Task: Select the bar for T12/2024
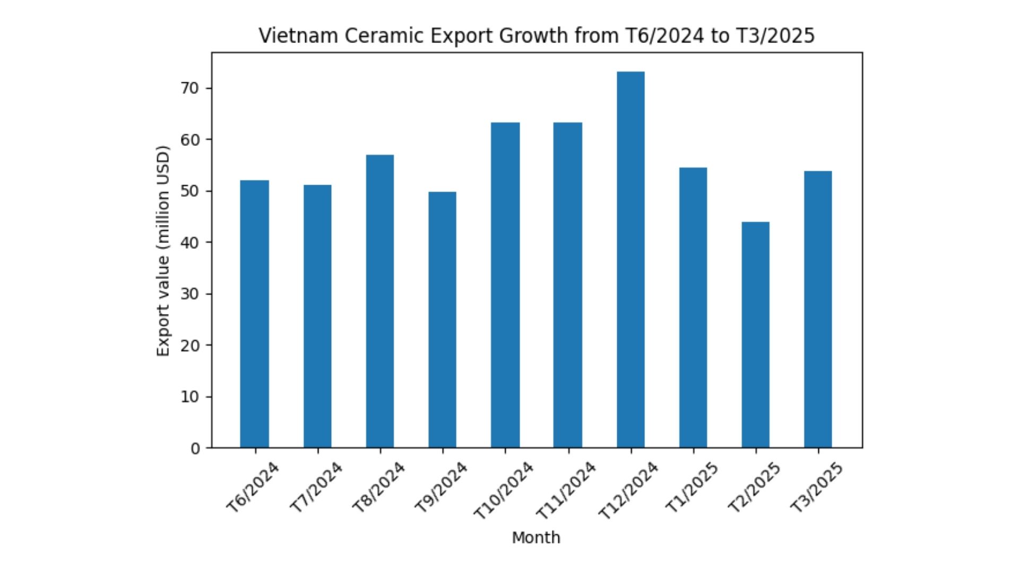click(631, 260)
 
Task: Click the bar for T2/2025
click(755, 335)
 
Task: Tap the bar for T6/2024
click(255, 314)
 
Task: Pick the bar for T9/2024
click(442, 320)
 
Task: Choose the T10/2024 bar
click(505, 285)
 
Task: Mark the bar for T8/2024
click(380, 301)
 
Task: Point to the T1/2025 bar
click(693, 308)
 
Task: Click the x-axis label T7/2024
click(316, 487)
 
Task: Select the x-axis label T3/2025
click(817, 487)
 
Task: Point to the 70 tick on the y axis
click(189, 88)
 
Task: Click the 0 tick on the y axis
click(195, 449)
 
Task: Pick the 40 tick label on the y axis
click(189, 242)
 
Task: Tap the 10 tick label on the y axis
click(189, 397)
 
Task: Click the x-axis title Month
click(536, 538)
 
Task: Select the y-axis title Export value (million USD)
click(163, 251)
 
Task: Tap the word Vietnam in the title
click(298, 36)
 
